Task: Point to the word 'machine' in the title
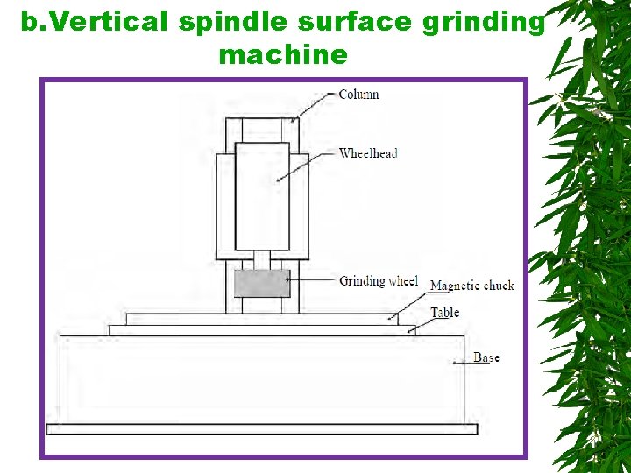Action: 283,55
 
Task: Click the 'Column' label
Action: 358,94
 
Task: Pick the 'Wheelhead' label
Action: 368,153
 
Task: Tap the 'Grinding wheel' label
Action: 379,281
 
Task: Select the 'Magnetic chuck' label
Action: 471,286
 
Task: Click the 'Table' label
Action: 444,313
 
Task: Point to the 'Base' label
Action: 486,357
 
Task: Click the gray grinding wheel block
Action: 262,284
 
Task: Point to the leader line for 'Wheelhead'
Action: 306,166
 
